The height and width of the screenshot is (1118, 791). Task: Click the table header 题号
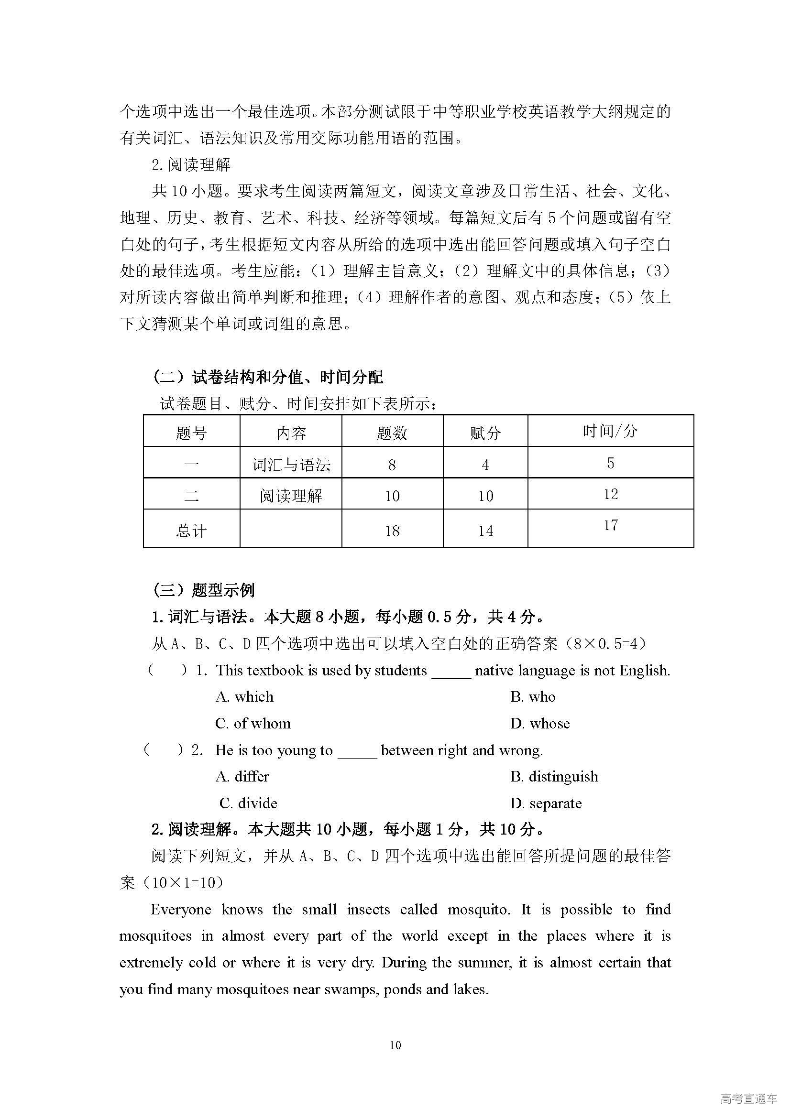(191, 433)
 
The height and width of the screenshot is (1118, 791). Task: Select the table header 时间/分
(610, 431)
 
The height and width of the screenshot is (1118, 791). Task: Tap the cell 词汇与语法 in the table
(291, 465)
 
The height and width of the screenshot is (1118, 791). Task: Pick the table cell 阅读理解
(291, 496)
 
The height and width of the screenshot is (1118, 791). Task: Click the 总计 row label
(191, 530)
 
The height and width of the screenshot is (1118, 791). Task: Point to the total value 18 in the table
(392, 530)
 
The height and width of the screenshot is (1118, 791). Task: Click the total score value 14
(485, 530)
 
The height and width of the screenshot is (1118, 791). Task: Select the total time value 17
(610, 524)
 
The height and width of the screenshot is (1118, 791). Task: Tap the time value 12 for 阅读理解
(610, 494)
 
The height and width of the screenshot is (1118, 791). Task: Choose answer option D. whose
(539, 723)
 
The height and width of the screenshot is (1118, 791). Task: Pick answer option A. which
(244, 696)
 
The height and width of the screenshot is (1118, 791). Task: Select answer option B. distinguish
(554, 776)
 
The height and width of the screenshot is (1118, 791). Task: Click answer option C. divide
(248, 803)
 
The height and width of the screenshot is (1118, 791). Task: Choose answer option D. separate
(546, 803)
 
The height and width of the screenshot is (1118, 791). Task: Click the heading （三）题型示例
(203, 590)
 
